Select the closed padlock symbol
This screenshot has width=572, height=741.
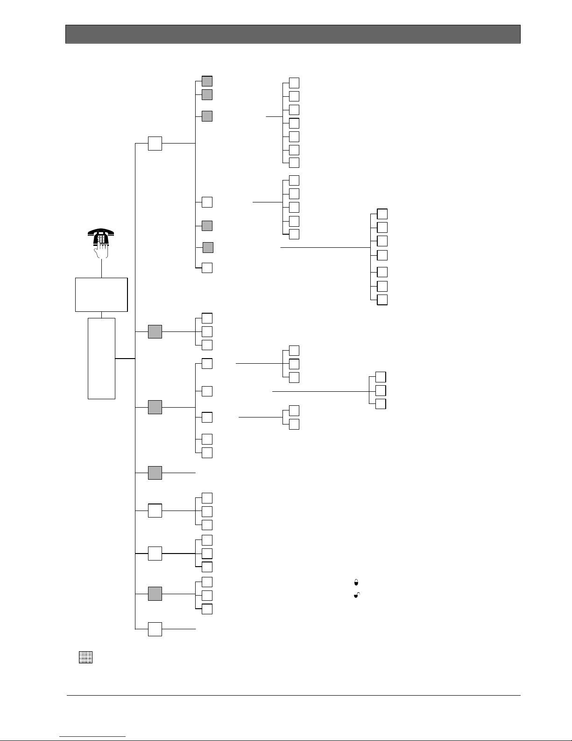point(356,582)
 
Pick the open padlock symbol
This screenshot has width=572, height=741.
point(356,596)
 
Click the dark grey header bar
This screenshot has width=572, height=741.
point(293,34)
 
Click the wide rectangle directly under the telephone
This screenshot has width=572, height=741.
point(101,294)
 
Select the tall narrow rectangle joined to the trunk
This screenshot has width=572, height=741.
point(101,359)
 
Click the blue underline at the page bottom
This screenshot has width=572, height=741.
point(93,736)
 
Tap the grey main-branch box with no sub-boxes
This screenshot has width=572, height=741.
point(155,473)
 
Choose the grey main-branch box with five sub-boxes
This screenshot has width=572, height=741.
point(155,407)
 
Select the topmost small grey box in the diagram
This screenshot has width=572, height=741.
point(207,81)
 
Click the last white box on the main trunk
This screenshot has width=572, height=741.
point(155,629)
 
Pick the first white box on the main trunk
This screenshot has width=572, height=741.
point(155,143)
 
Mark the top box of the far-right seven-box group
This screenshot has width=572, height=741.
point(382,214)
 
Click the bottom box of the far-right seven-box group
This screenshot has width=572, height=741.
point(382,300)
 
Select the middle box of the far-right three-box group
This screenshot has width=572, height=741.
point(381,390)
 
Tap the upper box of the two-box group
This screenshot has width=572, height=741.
point(294,410)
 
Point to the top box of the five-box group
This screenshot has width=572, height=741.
point(294,180)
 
